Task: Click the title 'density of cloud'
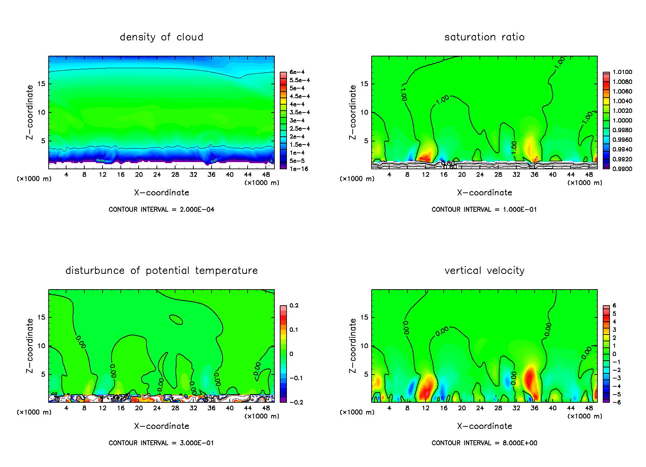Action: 161,37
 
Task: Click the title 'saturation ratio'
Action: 484,37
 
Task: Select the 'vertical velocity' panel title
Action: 484,271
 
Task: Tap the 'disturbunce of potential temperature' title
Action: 161,271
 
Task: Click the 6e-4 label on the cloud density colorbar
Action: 297,72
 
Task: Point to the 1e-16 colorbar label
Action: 299,169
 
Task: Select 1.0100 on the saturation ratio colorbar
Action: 622,72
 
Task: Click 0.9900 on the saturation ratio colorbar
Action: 622,169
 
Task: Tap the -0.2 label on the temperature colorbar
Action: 296,402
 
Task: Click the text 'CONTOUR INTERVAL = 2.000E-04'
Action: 161,210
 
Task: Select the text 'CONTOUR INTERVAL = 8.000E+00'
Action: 484,443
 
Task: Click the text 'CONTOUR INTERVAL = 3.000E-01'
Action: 161,443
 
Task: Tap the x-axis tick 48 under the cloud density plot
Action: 266,175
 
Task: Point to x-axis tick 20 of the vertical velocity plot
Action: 462,408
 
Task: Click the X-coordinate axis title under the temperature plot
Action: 161,426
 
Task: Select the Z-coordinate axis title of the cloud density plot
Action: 30,112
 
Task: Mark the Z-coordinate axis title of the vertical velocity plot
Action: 353,346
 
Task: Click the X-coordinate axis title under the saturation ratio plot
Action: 484,193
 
